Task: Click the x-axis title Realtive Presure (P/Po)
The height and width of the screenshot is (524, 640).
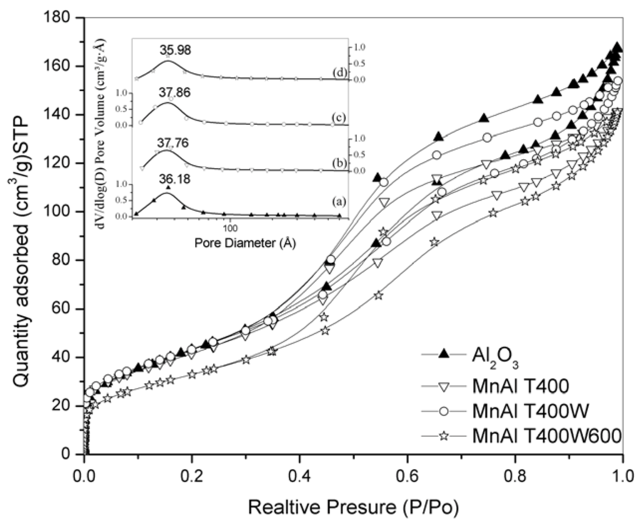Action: click(353, 507)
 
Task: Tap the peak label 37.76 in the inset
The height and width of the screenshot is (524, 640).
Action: click(171, 143)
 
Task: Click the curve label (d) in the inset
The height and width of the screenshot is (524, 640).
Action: click(340, 72)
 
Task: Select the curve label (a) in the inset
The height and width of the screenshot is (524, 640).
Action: click(340, 202)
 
